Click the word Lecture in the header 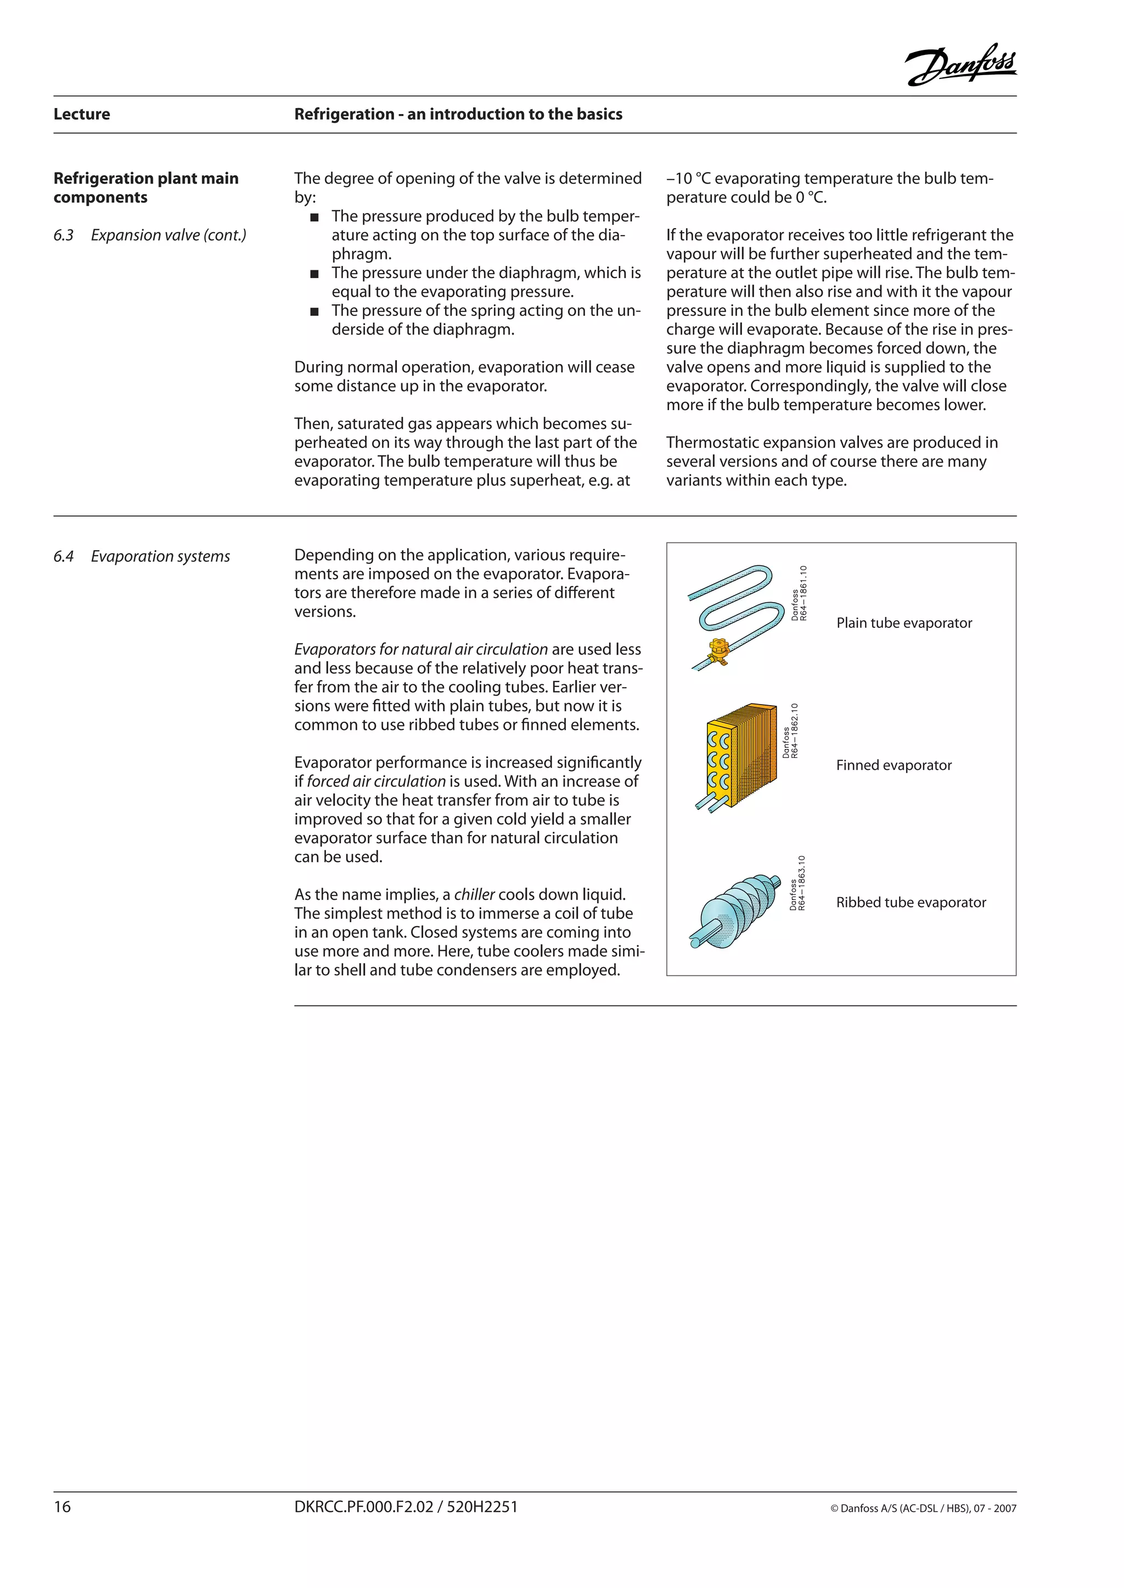tap(82, 114)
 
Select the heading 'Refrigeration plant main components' tap(145, 188)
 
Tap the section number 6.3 tap(63, 235)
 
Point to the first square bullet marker tap(314, 217)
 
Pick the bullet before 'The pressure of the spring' tap(314, 311)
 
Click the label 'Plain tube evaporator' tap(904, 622)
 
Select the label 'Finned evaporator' tap(893, 765)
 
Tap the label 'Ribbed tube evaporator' tap(911, 902)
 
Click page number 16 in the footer tap(62, 1506)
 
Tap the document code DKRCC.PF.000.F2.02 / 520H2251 tap(406, 1506)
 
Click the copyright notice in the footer tap(923, 1508)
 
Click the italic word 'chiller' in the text tap(474, 894)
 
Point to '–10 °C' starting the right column tap(688, 178)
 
